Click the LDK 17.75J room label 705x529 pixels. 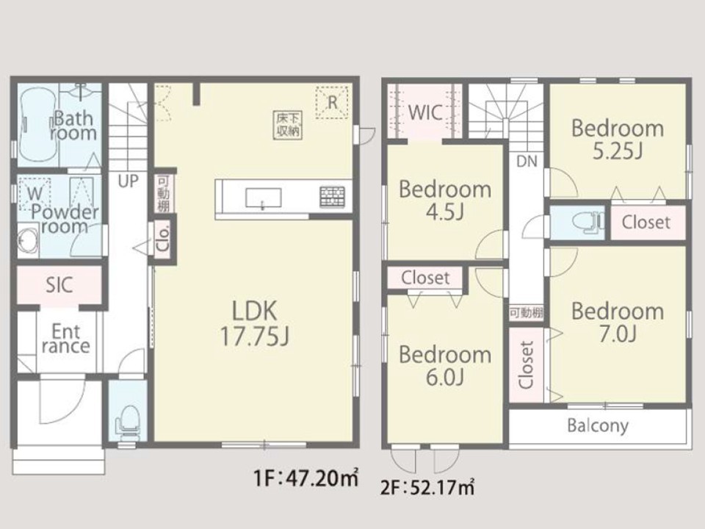tap(255, 323)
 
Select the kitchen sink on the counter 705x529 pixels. tap(263, 198)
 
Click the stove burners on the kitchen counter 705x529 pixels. tap(332, 197)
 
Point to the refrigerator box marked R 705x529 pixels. tap(332, 102)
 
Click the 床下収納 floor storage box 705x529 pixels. tap(288, 125)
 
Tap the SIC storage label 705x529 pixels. tap(59, 285)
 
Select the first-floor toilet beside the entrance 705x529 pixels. tap(129, 420)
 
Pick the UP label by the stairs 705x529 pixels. tap(128, 181)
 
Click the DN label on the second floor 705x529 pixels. tap(527, 161)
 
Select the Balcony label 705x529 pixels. tap(598, 425)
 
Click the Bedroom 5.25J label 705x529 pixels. tap(618, 140)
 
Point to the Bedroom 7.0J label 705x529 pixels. tap(618, 323)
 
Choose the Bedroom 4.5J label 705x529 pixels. tap(445, 201)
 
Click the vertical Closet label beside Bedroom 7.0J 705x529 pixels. tap(526, 365)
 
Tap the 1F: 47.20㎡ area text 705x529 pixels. tap(306, 478)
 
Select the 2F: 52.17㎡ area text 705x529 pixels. tap(427, 486)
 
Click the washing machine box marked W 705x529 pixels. tap(35, 194)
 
